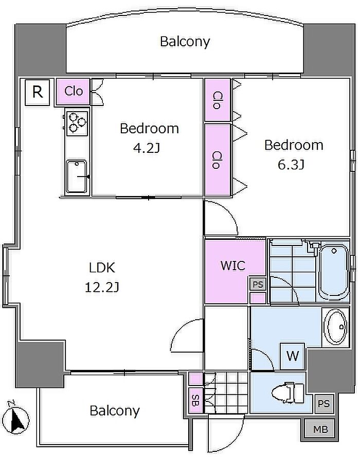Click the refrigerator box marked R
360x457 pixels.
pos(38,92)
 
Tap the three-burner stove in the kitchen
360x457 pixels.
pos(77,123)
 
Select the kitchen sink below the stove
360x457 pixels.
pos(77,177)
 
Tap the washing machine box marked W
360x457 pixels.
pos(293,356)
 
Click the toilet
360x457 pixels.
pos(288,393)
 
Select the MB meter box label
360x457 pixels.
pos(321,429)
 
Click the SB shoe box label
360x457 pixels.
pos(195,400)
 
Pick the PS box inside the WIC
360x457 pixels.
pos(258,284)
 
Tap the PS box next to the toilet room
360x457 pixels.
pos(323,403)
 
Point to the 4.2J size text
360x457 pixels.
pos(147,148)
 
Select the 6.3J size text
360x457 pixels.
pos(291,165)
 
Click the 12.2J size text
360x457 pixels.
pos(102,287)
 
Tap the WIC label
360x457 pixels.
pos(233,266)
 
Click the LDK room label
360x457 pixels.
pos(102,268)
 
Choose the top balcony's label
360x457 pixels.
pos(185,42)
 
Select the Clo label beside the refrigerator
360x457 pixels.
pos(74,91)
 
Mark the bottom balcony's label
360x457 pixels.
pos(115,411)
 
